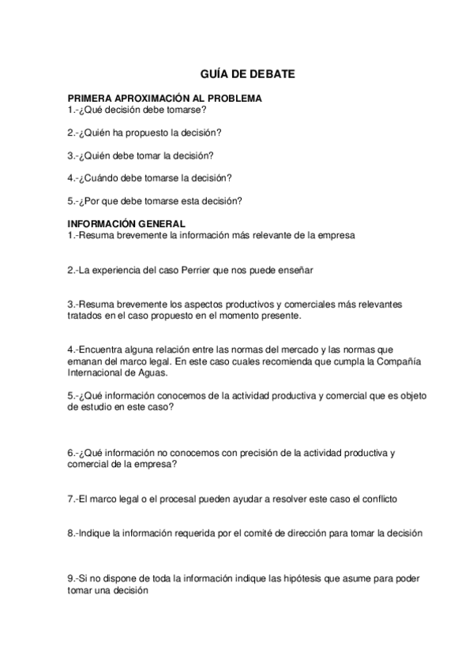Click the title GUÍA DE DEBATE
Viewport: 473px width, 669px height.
click(x=236, y=73)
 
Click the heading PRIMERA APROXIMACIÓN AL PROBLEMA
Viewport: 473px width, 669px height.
click(x=165, y=99)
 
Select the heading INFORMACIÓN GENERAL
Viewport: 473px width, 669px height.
click(x=127, y=223)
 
